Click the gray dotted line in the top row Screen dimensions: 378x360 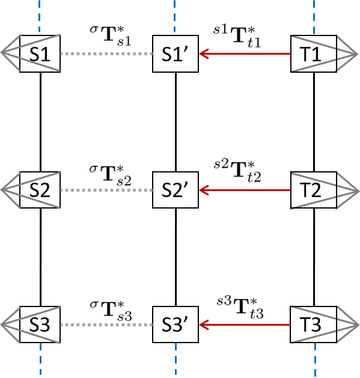coord(106,54)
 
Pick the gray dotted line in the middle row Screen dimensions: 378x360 coord(106,191)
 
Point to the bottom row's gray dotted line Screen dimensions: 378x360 coord(106,325)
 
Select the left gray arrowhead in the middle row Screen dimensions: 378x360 coord(18,190)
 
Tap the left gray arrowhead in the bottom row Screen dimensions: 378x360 coord(18,325)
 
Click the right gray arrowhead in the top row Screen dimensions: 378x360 coord(343,54)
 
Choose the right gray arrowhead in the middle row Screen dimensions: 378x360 coord(343,191)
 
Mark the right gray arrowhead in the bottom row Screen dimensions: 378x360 coord(343,325)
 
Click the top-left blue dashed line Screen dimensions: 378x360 coord(40,16)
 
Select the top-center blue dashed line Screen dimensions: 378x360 coord(175,16)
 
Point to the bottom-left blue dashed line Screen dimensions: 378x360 coord(40,359)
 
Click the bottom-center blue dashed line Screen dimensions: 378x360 coord(175,359)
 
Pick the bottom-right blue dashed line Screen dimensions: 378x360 coord(315,359)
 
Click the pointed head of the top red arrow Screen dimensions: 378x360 coord(203,54)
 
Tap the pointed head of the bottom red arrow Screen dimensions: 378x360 coord(203,325)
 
